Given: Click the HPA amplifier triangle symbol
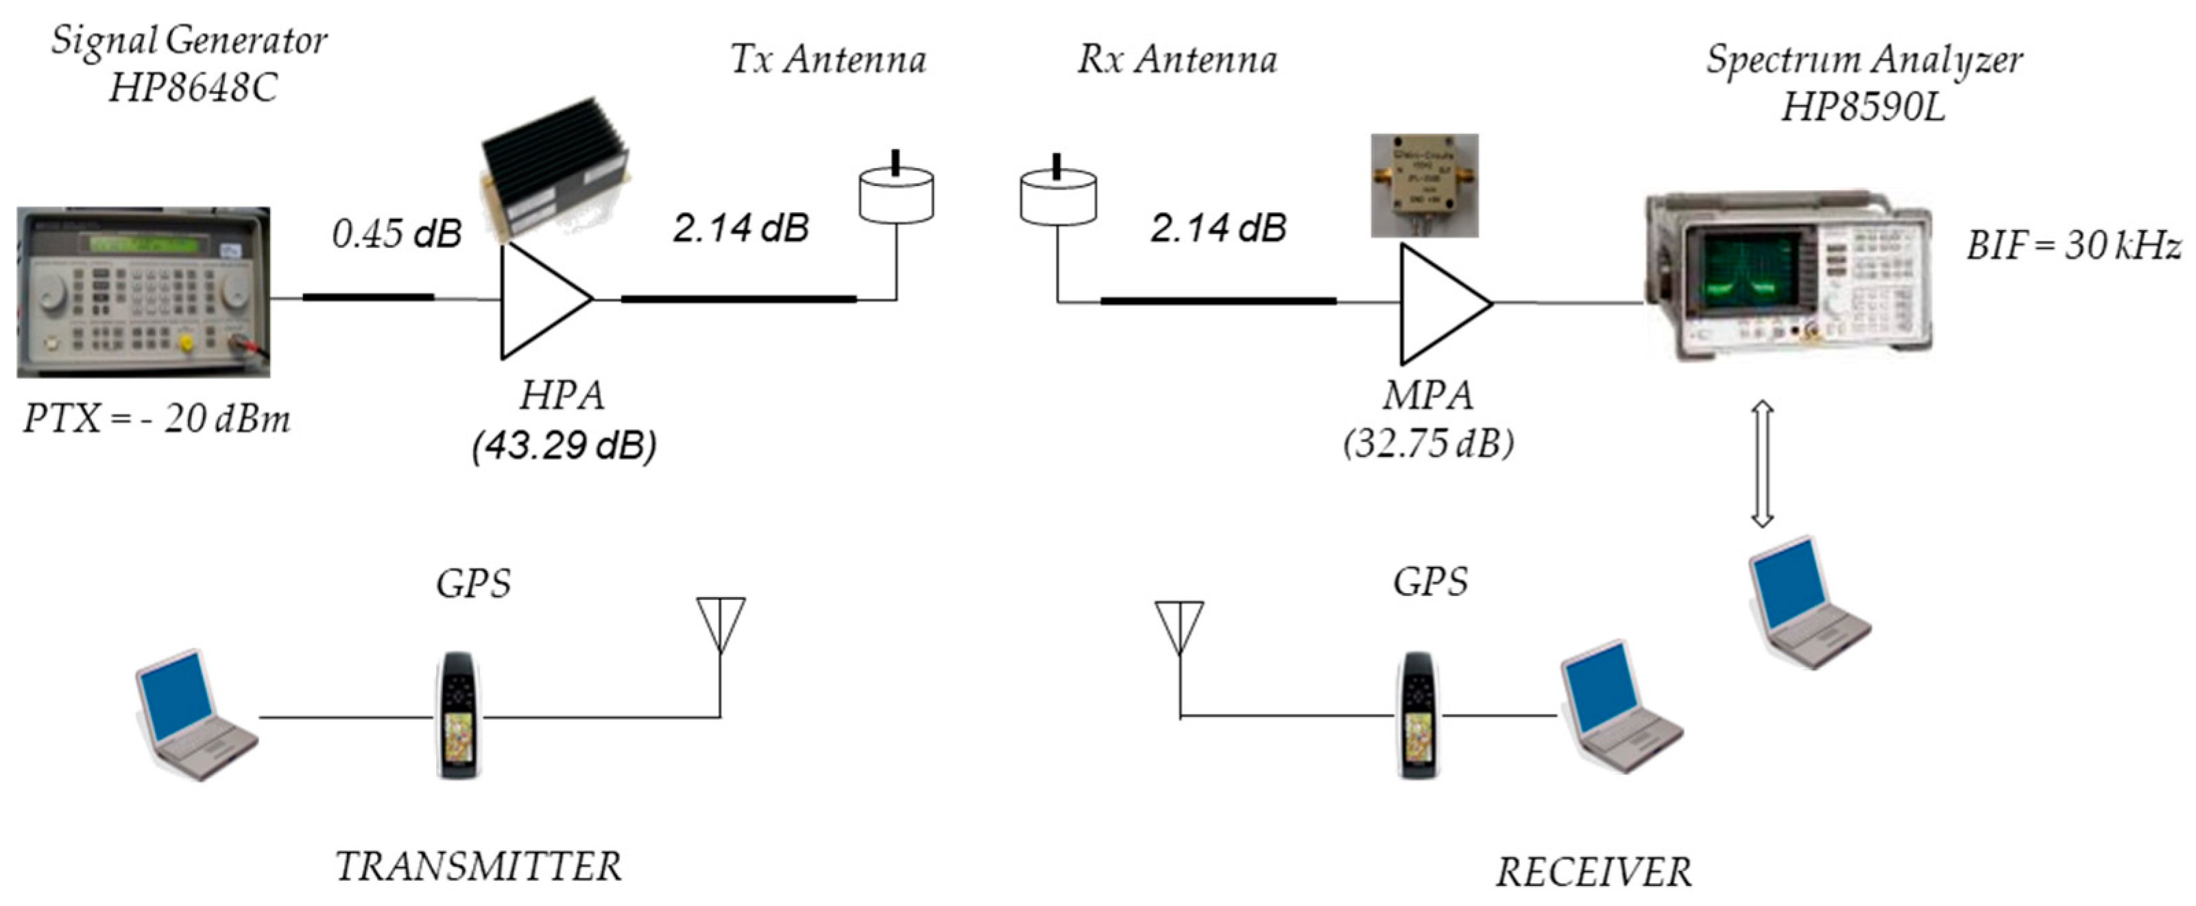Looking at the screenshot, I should click(537, 301).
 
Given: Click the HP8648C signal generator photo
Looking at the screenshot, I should click(143, 292).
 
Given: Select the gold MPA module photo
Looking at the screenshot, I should click(1423, 184).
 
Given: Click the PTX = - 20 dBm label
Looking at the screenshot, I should click(157, 419).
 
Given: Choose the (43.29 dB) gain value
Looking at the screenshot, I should click(564, 445).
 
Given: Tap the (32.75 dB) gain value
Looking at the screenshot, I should click(1428, 443).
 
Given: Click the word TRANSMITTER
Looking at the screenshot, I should click(479, 867).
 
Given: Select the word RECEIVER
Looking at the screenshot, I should click(1593, 872).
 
